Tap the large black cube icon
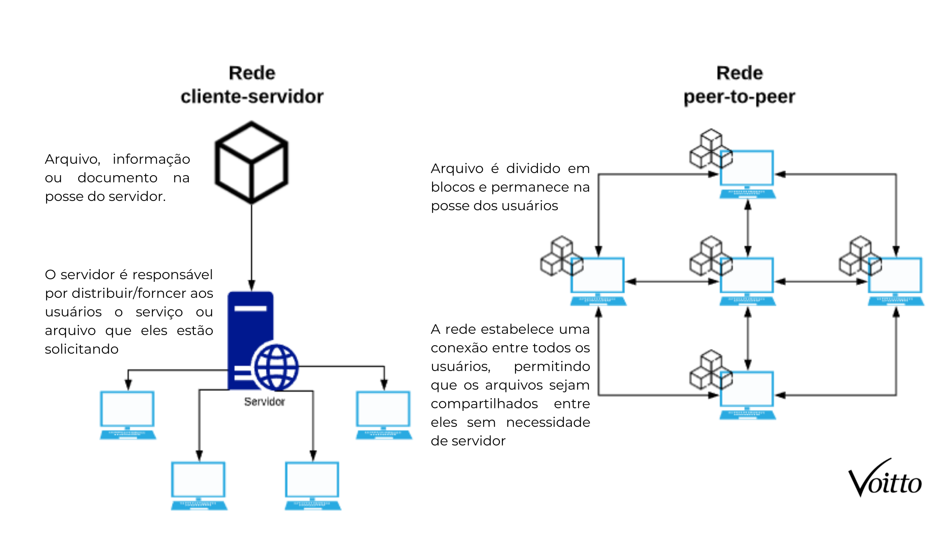(251, 162)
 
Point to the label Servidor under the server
(265, 402)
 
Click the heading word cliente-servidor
(252, 97)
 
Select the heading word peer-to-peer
(739, 97)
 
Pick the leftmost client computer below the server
(127, 415)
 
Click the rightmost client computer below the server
(383, 415)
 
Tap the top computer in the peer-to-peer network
(747, 173)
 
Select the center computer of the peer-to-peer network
(747, 280)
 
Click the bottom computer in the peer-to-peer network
(747, 395)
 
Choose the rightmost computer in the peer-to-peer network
(895, 280)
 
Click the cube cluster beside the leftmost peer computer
(559, 256)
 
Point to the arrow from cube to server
(251, 245)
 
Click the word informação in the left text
(151, 159)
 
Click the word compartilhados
(484, 404)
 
